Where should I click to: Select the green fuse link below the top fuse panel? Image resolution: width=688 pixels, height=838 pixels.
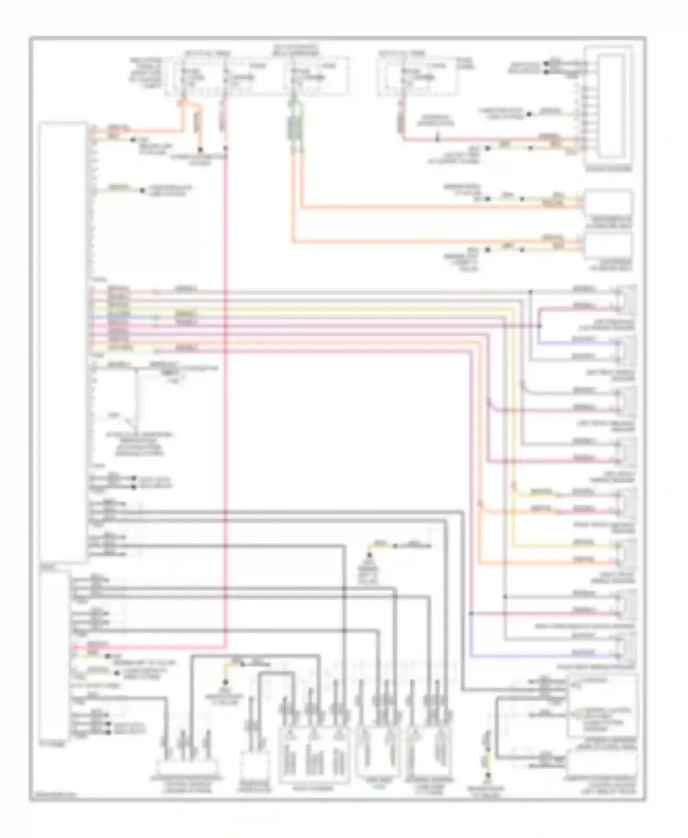point(294,125)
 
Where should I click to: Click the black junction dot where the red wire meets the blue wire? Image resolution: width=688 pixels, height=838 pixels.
point(472,613)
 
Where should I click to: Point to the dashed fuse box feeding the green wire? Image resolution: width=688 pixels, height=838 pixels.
point(316,76)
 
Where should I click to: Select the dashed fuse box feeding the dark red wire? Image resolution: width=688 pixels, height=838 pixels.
point(417,76)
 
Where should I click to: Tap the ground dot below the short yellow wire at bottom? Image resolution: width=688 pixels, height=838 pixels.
point(488,788)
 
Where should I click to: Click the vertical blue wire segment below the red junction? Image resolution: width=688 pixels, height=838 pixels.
point(472,635)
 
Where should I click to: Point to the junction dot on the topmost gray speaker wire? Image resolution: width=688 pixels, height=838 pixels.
point(531,292)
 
